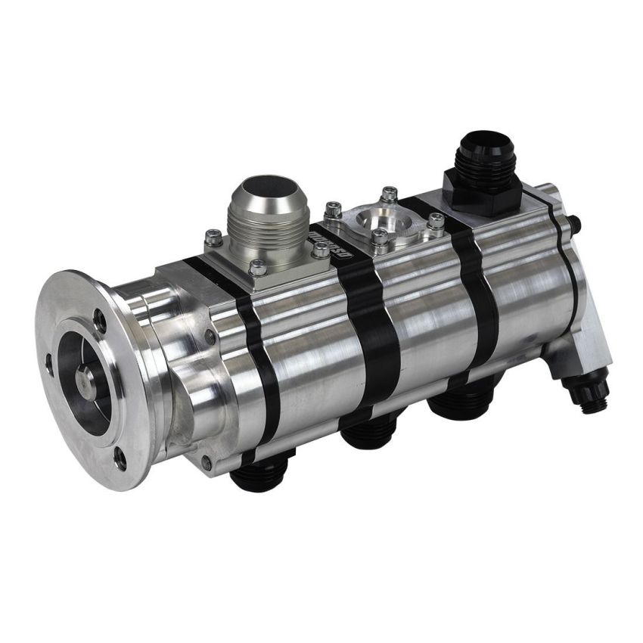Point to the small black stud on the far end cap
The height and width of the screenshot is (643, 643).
click(577, 223)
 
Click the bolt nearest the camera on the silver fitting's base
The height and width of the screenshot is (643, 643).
click(258, 267)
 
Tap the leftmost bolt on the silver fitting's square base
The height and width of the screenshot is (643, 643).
click(213, 236)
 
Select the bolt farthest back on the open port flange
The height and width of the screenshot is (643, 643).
click(389, 194)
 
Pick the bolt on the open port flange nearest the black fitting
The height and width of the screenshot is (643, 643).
click(435, 221)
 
